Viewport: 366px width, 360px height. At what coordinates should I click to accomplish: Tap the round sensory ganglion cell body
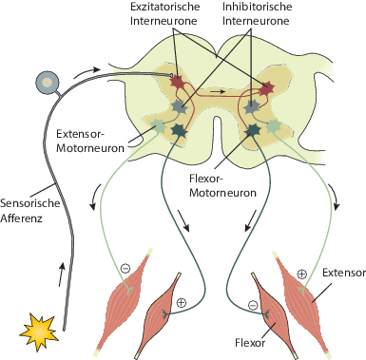click(x=45, y=83)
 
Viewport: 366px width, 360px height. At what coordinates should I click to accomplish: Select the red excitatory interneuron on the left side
click(x=178, y=83)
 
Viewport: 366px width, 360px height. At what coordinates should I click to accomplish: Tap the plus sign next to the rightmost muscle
click(x=302, y=274)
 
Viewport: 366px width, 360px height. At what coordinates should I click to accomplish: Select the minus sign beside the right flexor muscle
click(x=253, y=305)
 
